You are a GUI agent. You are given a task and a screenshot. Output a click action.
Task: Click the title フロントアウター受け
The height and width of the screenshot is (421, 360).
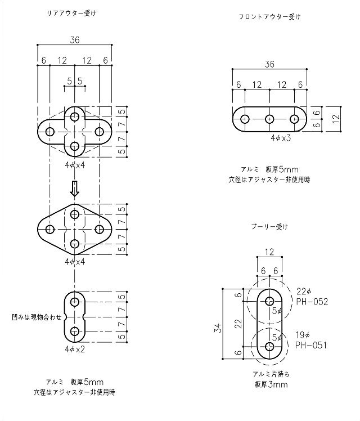269,17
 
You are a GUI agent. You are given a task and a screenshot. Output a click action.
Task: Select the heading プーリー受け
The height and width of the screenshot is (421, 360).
269,227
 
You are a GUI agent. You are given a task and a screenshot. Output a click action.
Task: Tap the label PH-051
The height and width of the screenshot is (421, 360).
312,345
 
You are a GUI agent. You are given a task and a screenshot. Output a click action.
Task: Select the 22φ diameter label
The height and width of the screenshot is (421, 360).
304,292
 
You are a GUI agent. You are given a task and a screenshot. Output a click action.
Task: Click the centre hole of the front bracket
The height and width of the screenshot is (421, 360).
270,119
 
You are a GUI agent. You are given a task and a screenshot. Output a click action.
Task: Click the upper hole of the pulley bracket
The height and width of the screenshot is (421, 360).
270,299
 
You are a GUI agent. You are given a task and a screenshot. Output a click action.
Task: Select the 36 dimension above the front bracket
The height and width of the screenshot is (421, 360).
269,65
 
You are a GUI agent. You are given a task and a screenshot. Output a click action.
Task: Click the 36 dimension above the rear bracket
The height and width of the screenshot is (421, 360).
74,39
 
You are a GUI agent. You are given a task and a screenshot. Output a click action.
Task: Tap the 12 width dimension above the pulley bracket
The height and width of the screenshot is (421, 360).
270,252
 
